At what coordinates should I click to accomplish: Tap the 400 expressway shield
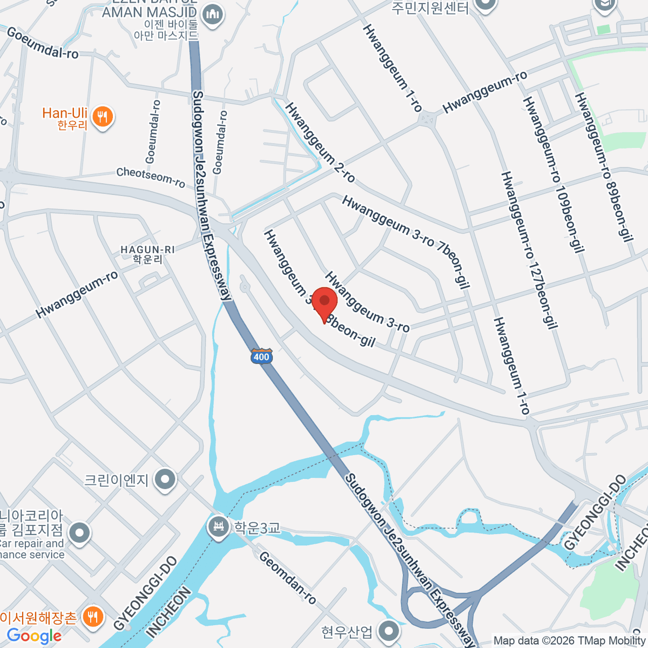click(261, 356)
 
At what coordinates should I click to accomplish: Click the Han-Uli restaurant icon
click(102, 117)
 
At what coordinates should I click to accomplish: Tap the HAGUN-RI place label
click(147, 254)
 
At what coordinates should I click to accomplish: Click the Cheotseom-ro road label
click(151, 177)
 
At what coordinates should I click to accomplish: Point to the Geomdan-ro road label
click(287, 578)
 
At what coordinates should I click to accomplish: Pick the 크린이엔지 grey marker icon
click(165, 480)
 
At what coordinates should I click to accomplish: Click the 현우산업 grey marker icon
click(388, 631)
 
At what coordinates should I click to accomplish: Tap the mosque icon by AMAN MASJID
click(213, 13)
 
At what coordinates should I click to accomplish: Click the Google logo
click(34, 636)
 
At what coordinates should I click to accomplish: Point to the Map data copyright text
click(570, 641)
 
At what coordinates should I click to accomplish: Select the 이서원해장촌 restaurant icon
click(93, 616)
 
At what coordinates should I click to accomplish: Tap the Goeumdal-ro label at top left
click(42, 43)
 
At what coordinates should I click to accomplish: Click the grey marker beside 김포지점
click(80, 532)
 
